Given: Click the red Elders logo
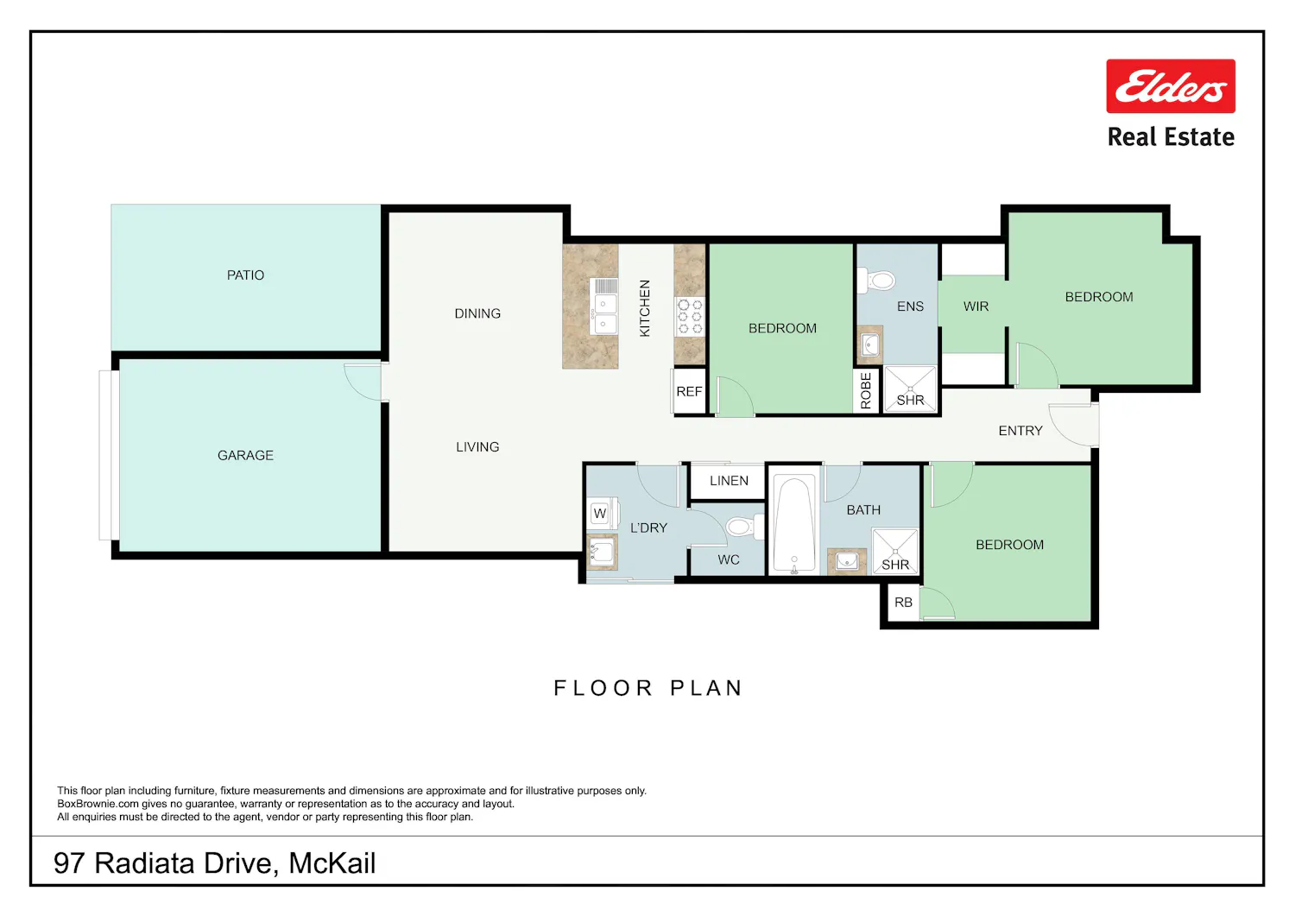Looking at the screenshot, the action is coord(1171,86).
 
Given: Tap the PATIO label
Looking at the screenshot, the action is coord(245,275).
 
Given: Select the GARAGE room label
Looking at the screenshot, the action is coord(245,456).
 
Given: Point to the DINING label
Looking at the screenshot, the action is coord(477,313).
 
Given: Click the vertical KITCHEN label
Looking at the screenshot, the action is coord(645,308).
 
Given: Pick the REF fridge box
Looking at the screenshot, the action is coord(689,391).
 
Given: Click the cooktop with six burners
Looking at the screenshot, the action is coord(690,316).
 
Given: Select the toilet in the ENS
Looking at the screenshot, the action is coord(876,281).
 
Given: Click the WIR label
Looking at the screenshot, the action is coord(976,306).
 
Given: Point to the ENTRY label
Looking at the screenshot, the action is coord(1020,431).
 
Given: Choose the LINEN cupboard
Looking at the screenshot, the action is coord(729,481).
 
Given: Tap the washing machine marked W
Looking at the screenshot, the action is coord(601,513).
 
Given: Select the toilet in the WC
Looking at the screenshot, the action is coord(744,527).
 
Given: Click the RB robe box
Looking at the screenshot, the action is coord(903,603).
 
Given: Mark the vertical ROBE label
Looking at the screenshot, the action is coord(865,391).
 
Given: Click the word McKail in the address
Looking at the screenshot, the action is coord(332,863).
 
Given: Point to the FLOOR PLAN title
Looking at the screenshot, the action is coord(648,688).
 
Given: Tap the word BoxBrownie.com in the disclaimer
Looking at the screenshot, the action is coord(98,804).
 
